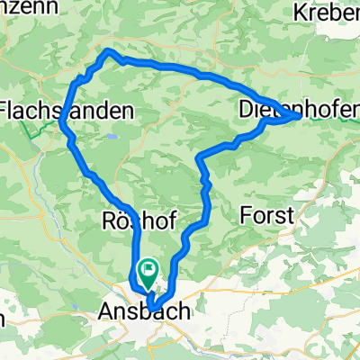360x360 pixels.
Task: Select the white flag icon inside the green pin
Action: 147,266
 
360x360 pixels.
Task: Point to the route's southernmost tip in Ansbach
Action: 150,304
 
